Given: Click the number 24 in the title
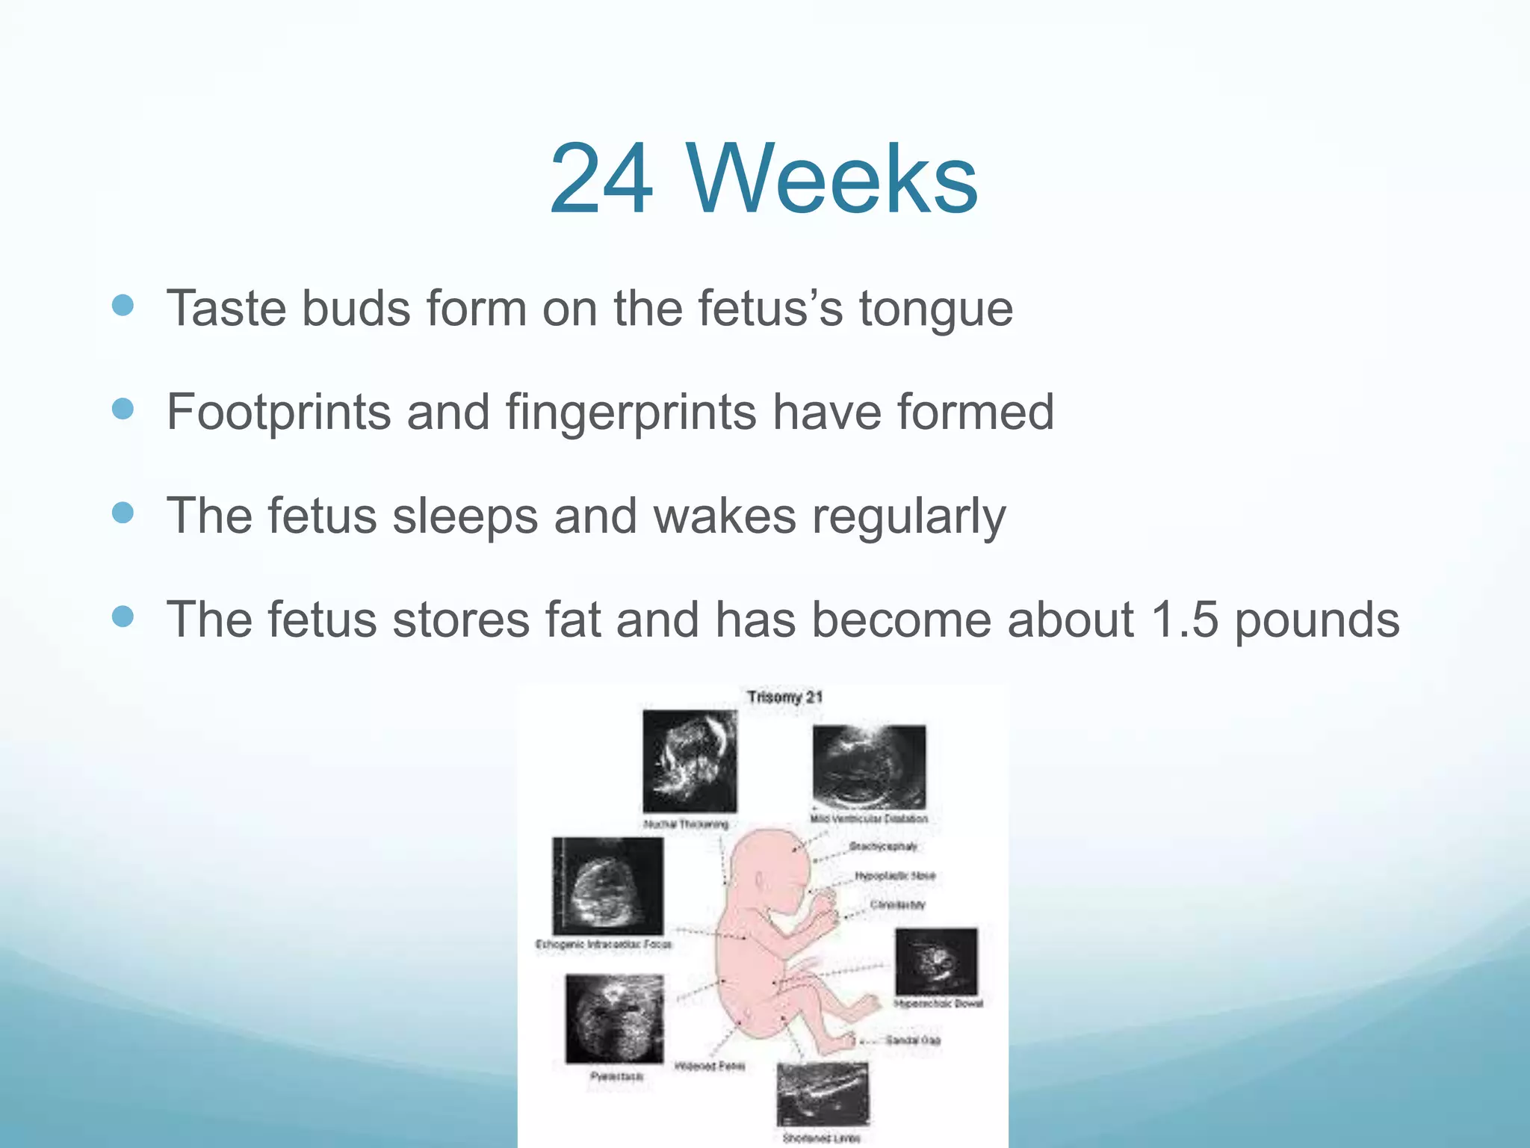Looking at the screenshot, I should point(601,180).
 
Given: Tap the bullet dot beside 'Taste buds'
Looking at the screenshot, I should point(123,305).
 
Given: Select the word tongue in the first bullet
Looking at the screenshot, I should point(935,309).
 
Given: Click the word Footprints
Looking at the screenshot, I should point(278,412).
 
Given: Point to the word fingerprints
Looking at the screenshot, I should point(631,412).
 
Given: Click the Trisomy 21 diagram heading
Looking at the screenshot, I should point(784,697).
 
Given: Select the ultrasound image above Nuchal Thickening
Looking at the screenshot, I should point(690,761).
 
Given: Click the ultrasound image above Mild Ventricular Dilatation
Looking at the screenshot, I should point(869,766).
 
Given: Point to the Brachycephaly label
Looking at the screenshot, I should point(883,847).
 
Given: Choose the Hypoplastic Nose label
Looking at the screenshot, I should point(895,875).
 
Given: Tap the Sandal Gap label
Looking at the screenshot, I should point(913,1040).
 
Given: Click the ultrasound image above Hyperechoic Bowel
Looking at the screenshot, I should point(936,960).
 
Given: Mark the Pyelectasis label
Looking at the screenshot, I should point(616,1076).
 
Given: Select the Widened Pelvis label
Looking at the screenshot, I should point(709,1066).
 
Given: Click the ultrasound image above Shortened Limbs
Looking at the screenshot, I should point(823,1093).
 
